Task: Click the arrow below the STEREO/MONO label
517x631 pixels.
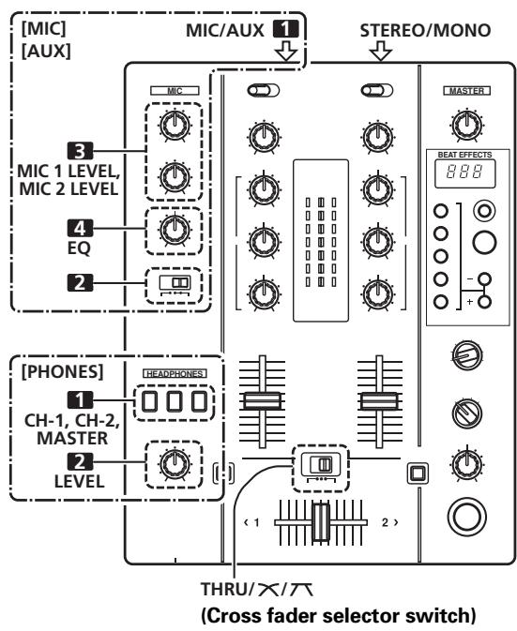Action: pos(380,53)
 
